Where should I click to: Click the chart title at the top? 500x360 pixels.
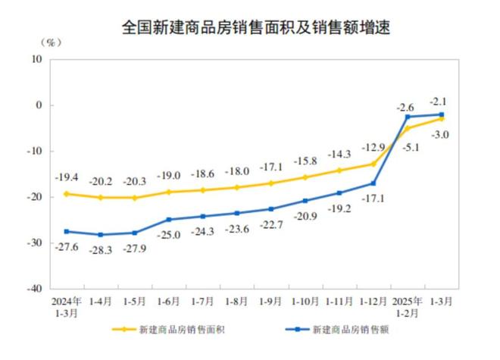(x=250, y=28)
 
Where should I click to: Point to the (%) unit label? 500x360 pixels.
(x=52, y=42)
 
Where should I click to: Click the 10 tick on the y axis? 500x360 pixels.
(x=36, y=59)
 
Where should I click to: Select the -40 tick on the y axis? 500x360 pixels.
(x=34, y=289)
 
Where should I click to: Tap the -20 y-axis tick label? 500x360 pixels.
(x=34, y=197)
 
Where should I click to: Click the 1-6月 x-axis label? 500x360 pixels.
(x=169, y=299)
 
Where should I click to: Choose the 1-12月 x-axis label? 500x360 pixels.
(x=373, y=299)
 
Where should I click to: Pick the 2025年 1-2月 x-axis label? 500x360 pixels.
(x=407, y=304)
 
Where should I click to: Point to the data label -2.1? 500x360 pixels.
(x=441, y=101)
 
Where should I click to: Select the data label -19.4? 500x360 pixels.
(x=67, y=177)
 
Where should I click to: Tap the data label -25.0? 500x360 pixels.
(x=169, y=236)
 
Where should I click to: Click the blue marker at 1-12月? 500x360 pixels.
(x=373, y=183)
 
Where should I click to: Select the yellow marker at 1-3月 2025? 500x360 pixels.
(x=442, y=119)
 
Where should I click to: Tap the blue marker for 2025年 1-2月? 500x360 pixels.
(x=408, y=117)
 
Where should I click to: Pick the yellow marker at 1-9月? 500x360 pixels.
(x=271, y=183)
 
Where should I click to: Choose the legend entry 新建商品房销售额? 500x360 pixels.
(x=342, y=330)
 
